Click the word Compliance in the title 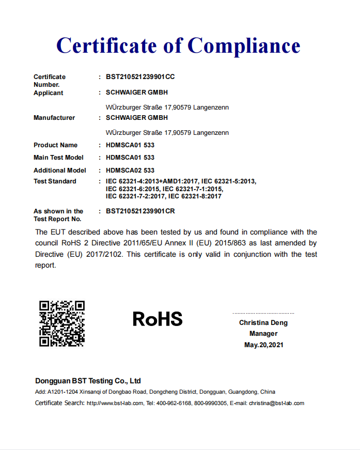click(243, 45)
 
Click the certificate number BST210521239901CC click(140, 77)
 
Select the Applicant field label click(49, 93)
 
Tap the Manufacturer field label click(54, 118)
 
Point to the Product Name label click(56, 145)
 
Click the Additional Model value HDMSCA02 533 click(130, 170)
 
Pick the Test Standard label click(55, 181)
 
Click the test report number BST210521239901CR click(140, 211)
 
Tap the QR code click(62, 323)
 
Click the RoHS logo click(158, 319)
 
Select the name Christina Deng click(263, 323)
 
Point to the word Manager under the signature click(263, 334)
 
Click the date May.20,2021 click(263, 345)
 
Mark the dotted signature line click(263, 313)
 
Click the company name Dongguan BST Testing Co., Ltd click(88, 381)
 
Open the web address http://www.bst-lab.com click(115, 404)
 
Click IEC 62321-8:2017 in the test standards click(195, 196)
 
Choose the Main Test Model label click(58, 158)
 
